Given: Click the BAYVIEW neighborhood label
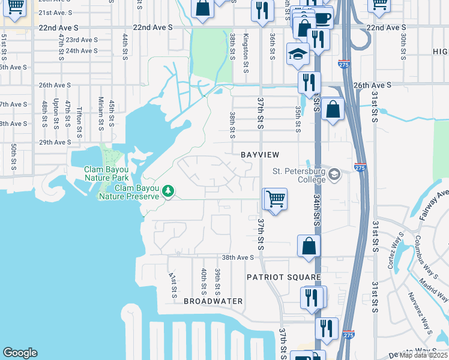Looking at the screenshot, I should tap(260, 155).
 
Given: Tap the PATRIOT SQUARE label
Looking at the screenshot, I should tap(284, 277).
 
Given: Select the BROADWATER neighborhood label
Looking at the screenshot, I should tap(213, 301).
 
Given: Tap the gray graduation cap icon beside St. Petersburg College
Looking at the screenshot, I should tap(334, 175).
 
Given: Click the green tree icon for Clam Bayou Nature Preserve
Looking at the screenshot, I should tap(169, 191).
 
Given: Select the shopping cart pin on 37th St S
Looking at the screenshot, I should tap(276, 198).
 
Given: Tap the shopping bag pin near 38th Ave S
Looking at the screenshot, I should tap(309, 245).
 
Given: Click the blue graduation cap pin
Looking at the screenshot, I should tap(298, 53).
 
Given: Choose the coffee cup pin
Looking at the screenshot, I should tap(322, 18).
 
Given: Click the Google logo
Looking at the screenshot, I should tap(20, 353).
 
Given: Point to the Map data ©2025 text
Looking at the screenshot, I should tap(423, 355).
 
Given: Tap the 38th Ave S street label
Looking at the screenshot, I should tap(238, 257).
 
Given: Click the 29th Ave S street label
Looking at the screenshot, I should tap(55, 143).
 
